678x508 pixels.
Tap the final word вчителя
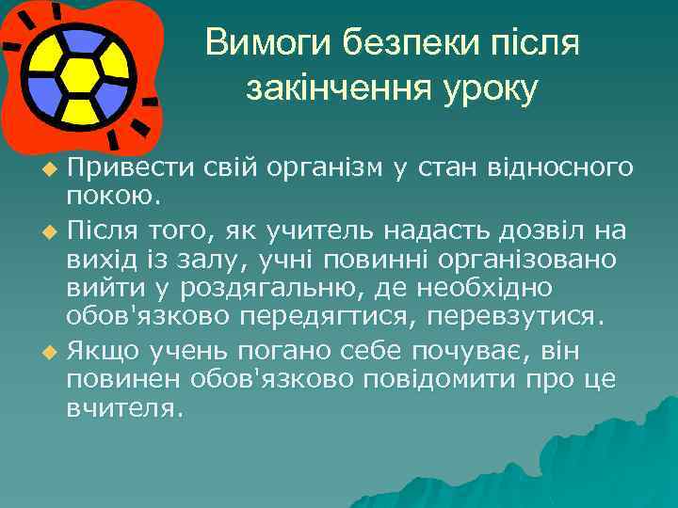coord(121,411)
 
